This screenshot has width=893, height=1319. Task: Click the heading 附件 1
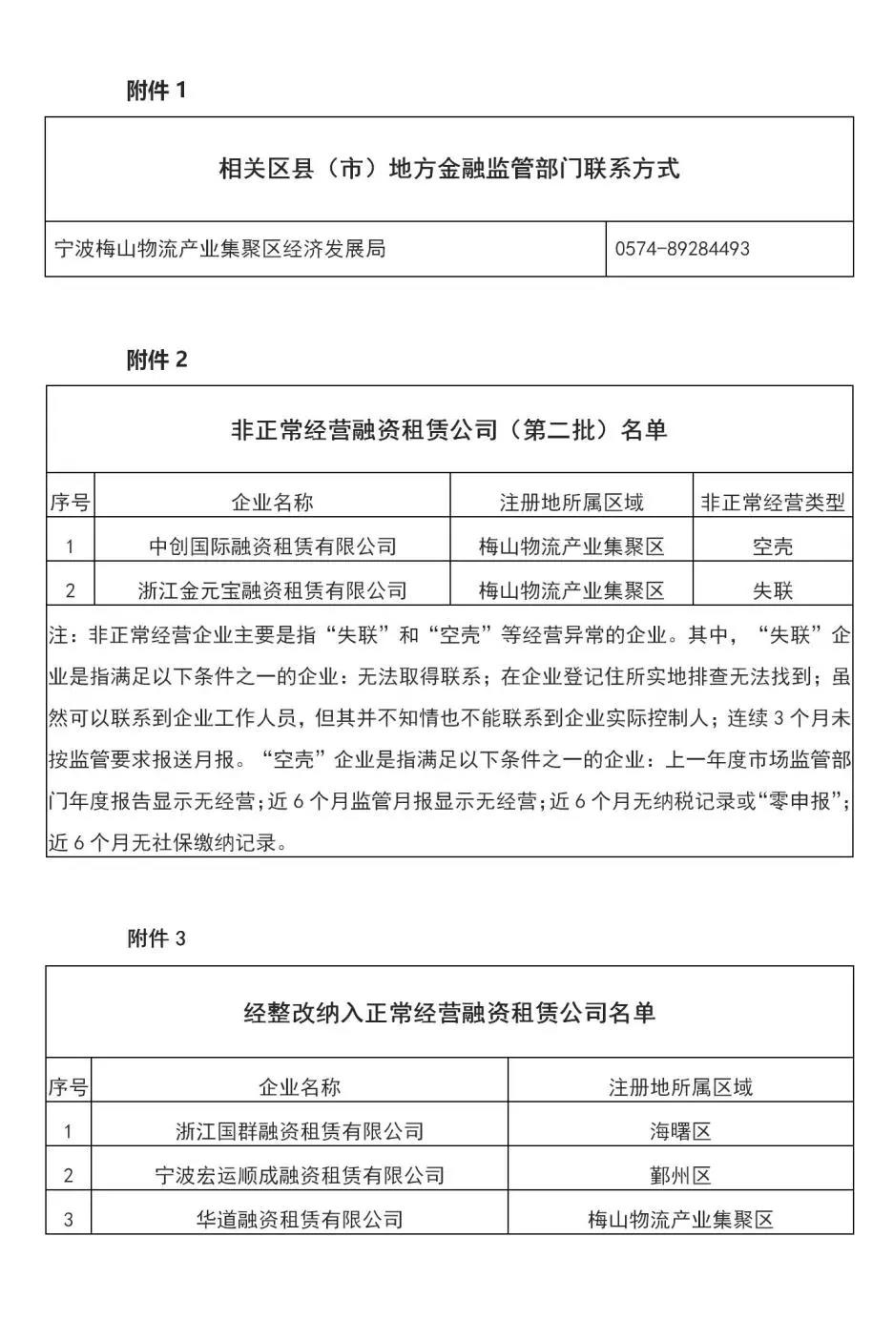(156, 91)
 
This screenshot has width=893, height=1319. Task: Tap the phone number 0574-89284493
(682, 249)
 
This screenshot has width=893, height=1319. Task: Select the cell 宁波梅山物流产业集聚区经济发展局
(220, 249)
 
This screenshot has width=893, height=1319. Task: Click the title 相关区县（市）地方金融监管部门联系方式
(448, 169)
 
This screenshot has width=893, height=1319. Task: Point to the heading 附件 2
(157, 360)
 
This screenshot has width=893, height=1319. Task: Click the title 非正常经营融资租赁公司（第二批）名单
(448, 430)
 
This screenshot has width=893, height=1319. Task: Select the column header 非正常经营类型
(773, 503)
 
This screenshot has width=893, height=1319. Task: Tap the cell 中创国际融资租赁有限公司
(273, 546)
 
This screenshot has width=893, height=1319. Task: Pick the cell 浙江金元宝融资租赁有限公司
(273, 590)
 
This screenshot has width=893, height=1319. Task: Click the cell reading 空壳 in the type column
(773, 546)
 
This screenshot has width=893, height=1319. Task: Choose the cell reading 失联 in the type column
(773, 590)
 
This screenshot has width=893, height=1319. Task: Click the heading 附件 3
(156, 938)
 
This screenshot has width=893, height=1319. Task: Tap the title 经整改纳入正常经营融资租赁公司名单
(448, 1013)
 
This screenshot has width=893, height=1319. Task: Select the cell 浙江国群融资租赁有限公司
(300, 1131)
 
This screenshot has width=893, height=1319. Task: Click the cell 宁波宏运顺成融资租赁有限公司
(300, 1175)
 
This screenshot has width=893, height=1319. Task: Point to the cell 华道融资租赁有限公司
(300, 1219)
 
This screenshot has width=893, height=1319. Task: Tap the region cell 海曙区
(680, 1131)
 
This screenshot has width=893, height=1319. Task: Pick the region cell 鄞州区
(680, 1175)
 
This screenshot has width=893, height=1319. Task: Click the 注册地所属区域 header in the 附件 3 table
(680, 1087)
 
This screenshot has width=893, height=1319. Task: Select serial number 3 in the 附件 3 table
(69, 1219)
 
